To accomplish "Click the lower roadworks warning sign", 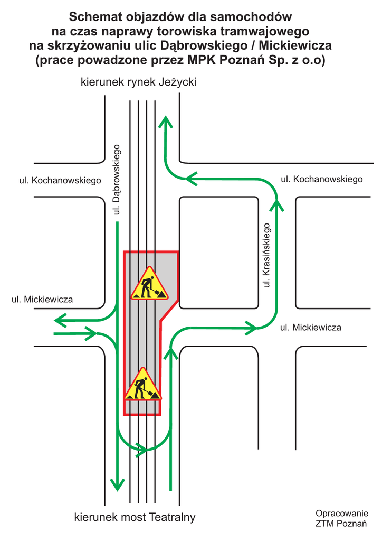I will click(x=142, y=385).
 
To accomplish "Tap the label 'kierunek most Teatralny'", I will click(x=135, y=517).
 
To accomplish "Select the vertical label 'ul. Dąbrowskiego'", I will click(x=117, y=180).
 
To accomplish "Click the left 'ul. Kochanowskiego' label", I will click(x=60, y=181).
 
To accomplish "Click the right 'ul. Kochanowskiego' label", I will click(x=321, y=179).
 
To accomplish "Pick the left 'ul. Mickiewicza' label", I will click(x=42, y=300).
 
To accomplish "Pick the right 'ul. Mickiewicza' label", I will click(x=310, y=328).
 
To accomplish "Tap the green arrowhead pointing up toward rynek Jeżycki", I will click(x=166, y=123).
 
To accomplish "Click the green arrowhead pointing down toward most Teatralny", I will click(x=117, y=483).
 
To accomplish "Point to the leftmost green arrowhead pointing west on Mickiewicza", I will click(x=60, y=320).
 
